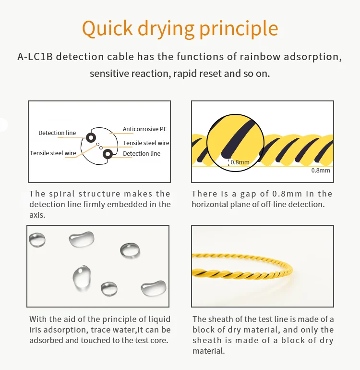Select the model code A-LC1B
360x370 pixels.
[x=35, y=57]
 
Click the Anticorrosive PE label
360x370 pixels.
[x=144, y=129]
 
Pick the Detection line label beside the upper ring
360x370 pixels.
[x=57, y=133]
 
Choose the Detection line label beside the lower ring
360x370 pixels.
[x=142, y=154]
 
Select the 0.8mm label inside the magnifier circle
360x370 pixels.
[x=240, y=162]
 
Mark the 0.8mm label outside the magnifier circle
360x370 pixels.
[x=321, y=171]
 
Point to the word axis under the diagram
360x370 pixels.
[x=37, y=215]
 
